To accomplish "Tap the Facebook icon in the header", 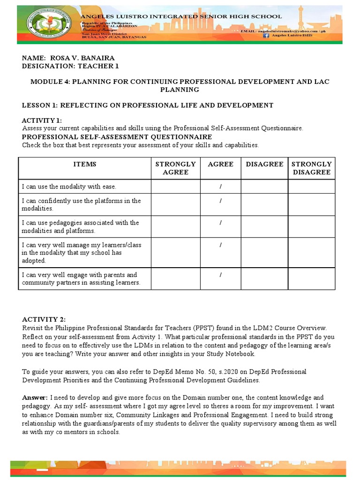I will tap(266, 35).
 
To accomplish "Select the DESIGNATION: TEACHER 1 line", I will tap(70, 66).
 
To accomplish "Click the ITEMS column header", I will tap(84, 164).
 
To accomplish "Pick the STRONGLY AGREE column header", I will tap(175, 168).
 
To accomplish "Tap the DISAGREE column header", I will tap(264, 164).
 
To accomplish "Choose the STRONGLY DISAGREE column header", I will tap(311, 168).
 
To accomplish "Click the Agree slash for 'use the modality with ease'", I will tap(220, 187).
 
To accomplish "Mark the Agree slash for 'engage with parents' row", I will tap(220, 275).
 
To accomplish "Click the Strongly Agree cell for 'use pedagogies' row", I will tap(175, 226).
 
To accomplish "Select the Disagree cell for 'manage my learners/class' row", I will tap(264, 252).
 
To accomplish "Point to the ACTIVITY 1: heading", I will tap(42, 120).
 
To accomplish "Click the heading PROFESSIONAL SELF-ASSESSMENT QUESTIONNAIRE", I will tap(117, 137).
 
